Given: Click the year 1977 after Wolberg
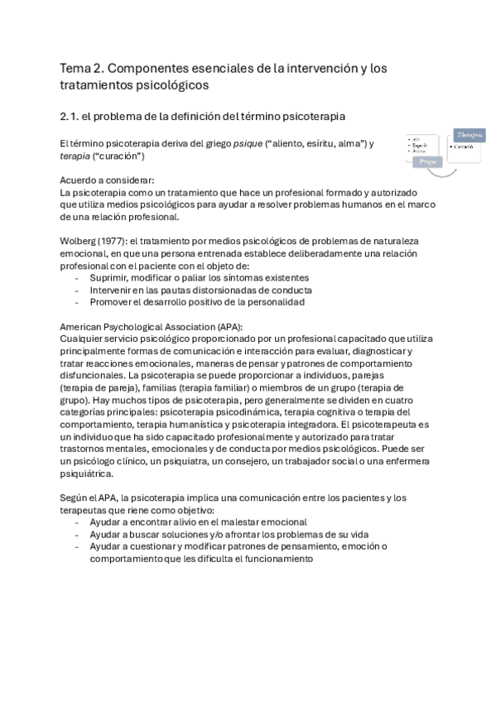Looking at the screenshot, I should click(x=112, y=242).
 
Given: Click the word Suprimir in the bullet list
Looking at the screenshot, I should click(x=111, y=278).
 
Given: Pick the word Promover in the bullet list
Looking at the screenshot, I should click(x=113, y=302).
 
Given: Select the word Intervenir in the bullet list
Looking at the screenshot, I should click(x=113, y=291).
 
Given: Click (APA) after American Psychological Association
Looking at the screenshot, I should click(x=226, y=327).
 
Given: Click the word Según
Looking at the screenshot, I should click(x=75, y=498).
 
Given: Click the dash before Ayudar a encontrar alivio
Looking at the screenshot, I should click(x=77, y=522).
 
